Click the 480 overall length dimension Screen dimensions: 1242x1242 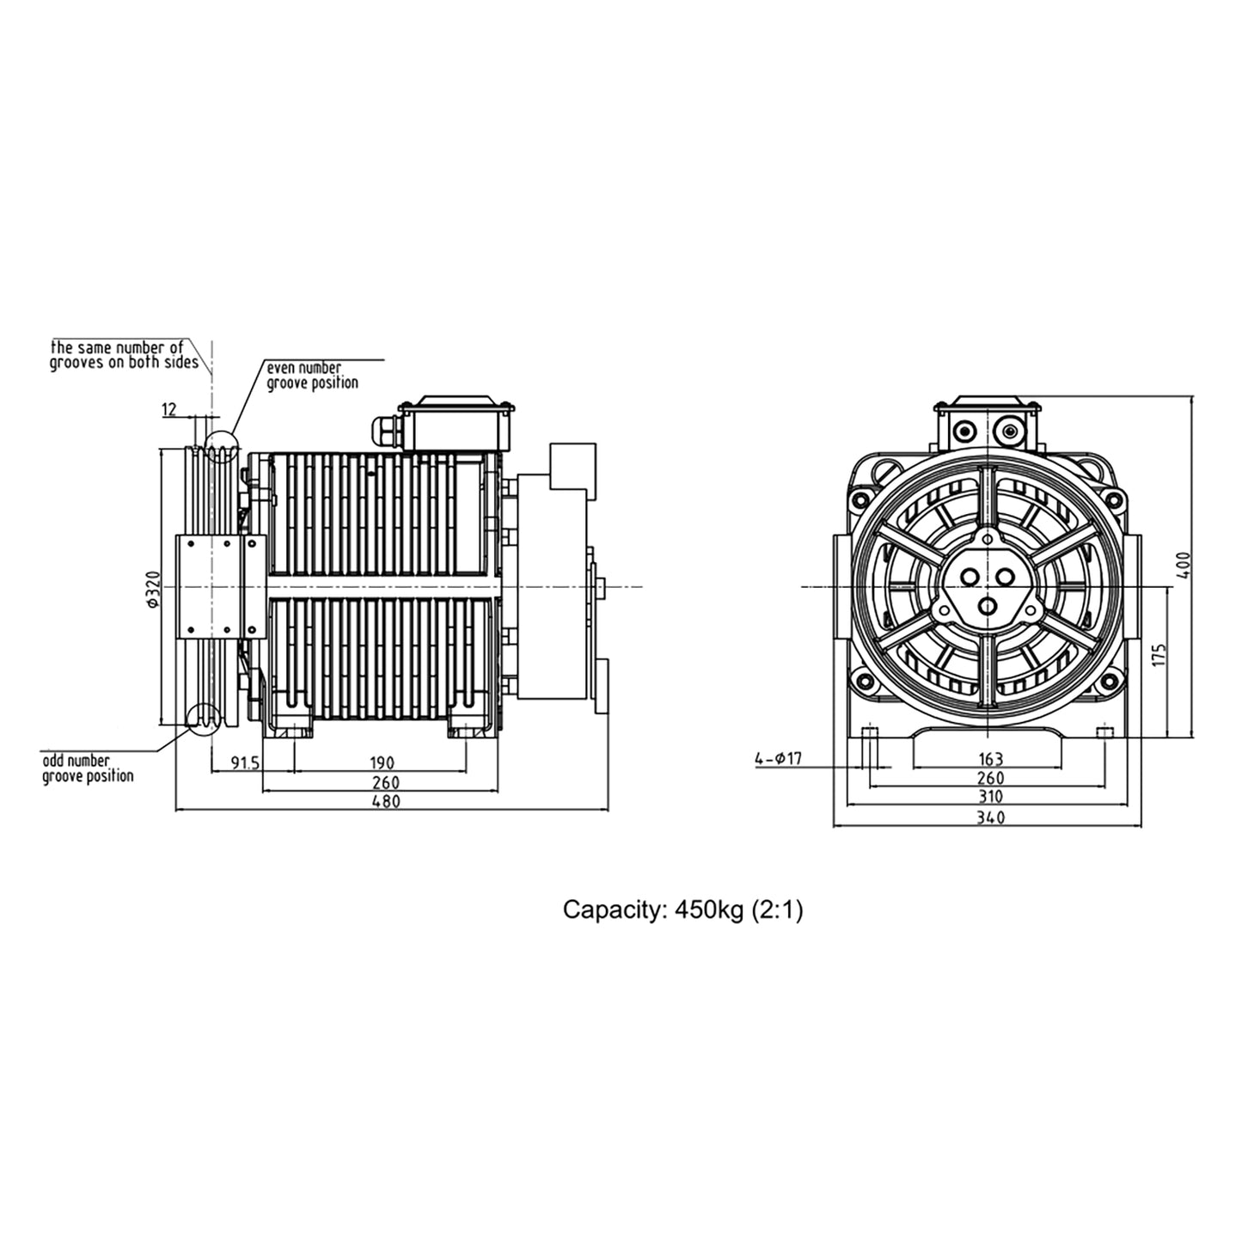[385, 802]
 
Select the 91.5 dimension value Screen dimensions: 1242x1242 [245, 762]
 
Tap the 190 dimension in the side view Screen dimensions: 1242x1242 [382, 762]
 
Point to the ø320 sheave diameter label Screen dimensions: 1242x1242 [153, 588]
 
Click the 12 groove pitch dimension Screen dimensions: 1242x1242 [170, 410]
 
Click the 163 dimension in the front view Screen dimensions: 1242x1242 [991, 759]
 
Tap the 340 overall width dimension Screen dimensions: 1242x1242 [991, 818]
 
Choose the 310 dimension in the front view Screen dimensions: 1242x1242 [991, 798]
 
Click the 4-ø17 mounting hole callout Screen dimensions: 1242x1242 [778, 759]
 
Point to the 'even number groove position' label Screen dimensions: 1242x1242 [312, 376]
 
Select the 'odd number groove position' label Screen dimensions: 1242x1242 [88, 768]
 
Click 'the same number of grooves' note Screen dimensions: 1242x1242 [117, 355]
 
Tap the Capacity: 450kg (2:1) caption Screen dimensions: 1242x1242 [682, 910]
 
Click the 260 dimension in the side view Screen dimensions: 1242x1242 [386, 782]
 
